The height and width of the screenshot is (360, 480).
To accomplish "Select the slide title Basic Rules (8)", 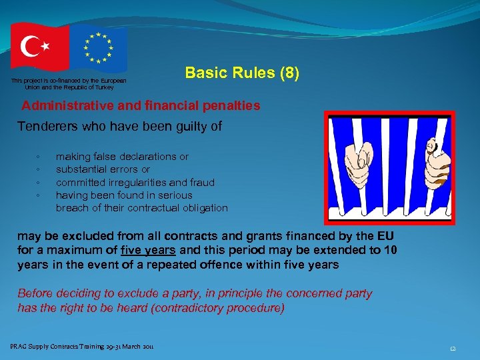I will (242, 73).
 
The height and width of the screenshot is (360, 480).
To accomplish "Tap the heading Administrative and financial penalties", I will (141, 106).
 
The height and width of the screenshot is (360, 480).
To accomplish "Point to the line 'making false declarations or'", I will (122, 157).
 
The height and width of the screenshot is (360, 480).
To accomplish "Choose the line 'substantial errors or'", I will (103, 169).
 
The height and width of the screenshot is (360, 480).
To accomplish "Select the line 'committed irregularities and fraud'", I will (135, 182).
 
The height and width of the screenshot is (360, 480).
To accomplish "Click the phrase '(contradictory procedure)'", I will (227, 307).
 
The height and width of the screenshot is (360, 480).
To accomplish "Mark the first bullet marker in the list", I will (39, 157).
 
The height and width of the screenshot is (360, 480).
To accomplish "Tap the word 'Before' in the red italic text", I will (34, 293).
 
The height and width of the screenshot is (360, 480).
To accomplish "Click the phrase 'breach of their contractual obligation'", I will (141, 208).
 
